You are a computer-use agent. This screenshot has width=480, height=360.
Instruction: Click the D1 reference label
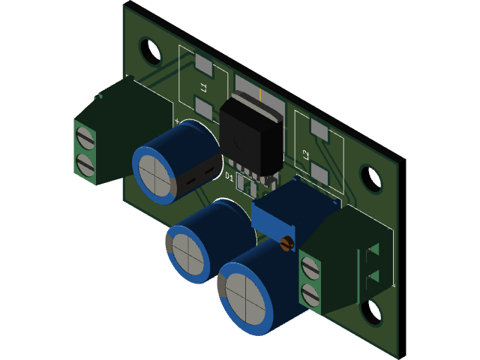229,176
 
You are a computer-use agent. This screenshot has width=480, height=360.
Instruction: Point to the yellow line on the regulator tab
259,96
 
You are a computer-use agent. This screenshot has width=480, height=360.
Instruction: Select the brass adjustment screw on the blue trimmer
285,244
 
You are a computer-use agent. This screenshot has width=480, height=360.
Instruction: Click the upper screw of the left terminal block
85,135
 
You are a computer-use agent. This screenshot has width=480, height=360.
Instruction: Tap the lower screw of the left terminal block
85,163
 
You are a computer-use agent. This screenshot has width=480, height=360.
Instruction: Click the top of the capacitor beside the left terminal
156,174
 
